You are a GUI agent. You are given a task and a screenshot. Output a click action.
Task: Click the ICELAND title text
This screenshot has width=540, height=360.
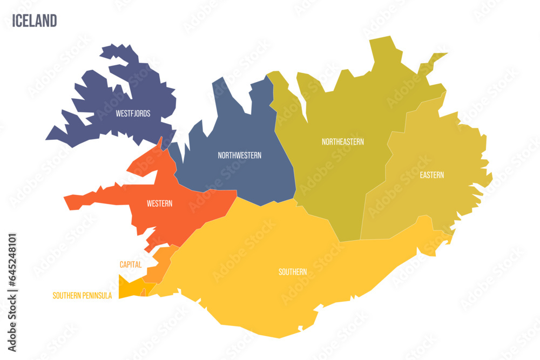pyautogui.click(x=33, y=21)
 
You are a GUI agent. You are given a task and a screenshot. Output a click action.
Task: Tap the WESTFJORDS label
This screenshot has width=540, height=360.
pyautogui.click(x=133, y=114)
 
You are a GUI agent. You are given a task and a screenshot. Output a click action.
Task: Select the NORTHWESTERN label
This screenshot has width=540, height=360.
pyautogui.click(x=239, y=155)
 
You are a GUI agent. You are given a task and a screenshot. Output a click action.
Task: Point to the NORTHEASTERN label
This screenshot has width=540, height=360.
pyautogui.click(x=342, y=142)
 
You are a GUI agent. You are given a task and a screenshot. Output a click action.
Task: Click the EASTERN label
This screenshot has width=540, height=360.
pyautogui.click(x=431, y=175)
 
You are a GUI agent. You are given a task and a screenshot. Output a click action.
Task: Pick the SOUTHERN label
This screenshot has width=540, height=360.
pyautogui.click(x=293, y=272)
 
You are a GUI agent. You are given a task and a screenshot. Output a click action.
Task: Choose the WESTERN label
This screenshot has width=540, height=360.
pyautogui.click(x=159, y=203)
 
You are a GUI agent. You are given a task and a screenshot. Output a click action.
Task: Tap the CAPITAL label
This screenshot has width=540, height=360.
pyautogui.click(x=131, y=264)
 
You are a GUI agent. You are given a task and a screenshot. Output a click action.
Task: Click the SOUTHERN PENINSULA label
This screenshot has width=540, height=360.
pyautogui.click(x=82, y=296)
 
